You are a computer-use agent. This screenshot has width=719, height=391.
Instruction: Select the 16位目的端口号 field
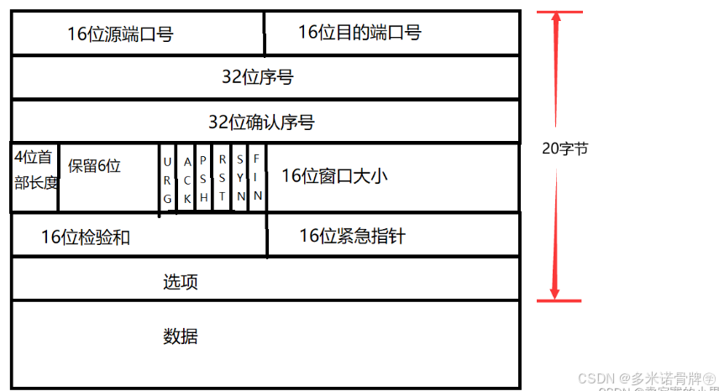click(x=359, y=33)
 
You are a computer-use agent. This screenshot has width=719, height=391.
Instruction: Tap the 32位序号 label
click(x=257, y=78)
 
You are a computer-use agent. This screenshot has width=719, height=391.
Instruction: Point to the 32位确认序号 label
click(x=261, y=123)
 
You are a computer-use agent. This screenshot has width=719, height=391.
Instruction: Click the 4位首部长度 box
click(x=34, y=169)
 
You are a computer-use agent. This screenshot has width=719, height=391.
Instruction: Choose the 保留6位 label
click(x=94, y=166)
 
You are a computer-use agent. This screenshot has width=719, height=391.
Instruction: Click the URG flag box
click(x=167, y=178)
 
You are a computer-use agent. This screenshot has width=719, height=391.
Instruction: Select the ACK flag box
click(x=186, y=178)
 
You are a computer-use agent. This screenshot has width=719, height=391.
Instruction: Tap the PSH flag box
click(x=203, y=178)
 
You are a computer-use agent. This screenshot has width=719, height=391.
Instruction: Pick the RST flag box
click(x=222, y=178)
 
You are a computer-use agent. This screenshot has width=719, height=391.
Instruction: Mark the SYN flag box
click(x=240, y=178)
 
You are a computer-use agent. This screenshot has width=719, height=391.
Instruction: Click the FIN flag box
click(x=258, y=178)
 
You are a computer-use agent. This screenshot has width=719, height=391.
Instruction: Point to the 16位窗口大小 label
click(x=334, y=175)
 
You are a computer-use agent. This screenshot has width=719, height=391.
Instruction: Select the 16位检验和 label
click(x=86, y=237)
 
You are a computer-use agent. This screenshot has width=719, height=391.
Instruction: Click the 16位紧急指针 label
click(x=352, y=236)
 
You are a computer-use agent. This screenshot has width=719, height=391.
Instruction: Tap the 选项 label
click(x=180, y=281)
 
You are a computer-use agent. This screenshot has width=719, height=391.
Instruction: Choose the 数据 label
click(x=180, y=337)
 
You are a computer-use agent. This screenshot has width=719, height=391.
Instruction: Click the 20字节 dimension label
click(x=565, y=149)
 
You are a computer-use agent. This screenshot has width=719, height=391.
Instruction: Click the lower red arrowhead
click(x=554, y=290)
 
